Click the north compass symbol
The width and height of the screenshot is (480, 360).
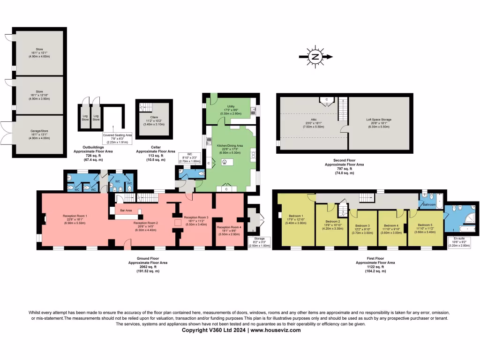(315, 57)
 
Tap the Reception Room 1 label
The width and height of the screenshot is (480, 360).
(75, 216)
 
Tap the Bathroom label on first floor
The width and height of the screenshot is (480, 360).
(430, 205)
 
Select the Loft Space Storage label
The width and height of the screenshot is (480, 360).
(379, 120)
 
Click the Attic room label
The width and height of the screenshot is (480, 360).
(307, 120)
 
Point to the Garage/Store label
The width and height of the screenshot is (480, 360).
(39, 134)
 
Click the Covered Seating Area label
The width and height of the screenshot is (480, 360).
(117, 135)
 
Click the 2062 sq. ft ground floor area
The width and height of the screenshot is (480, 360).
(148, 267)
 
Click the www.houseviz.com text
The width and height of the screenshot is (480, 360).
(276, 330)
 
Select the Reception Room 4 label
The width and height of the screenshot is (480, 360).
(229, 227)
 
